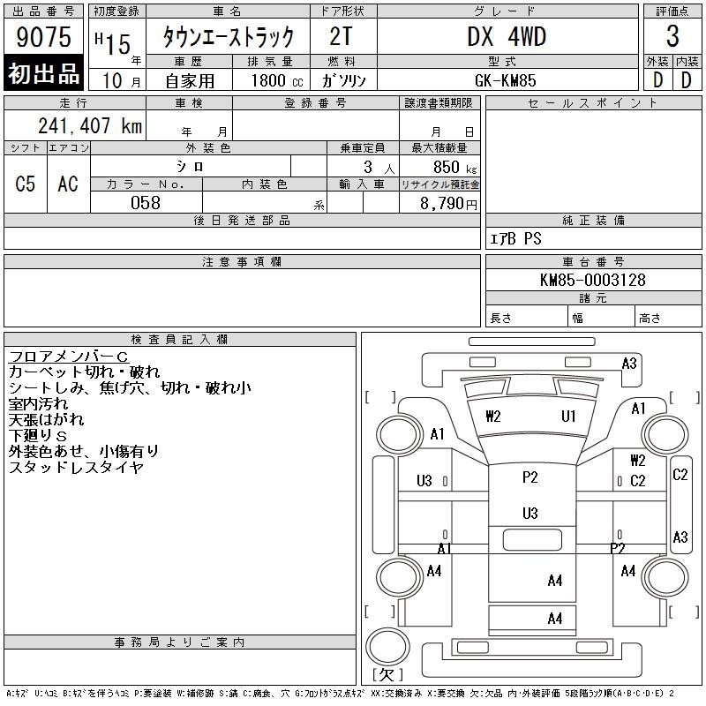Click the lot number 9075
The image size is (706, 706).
tap(44, 37)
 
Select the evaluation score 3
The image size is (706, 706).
tap(672, 37)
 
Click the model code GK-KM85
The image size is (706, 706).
tap(507, 79)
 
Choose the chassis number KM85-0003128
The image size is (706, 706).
tap(592, 280)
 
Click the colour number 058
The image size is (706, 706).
tap(146, 203)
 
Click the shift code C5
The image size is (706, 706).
tap(26, 184)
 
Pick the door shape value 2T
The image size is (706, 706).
tap(342, 37)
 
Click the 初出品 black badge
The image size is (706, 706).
tap(44, 75)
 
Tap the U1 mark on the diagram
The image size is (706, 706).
tap(569, 417)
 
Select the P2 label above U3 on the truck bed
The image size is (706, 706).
tap(529, 477)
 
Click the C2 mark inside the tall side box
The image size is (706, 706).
tap(680, 475)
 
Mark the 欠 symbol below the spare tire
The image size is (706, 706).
tap(387, 675)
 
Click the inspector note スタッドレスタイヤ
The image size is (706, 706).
tap(76, 468)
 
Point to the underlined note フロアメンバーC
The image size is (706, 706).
tap(69, 356)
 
